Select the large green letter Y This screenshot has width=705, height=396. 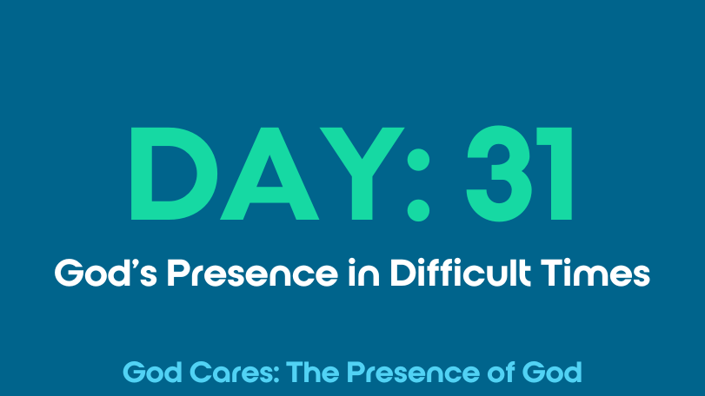click(362, 174)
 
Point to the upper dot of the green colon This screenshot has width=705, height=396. click(418, 160)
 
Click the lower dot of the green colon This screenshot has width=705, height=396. click(418, 210)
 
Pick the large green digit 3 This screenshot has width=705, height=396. click(499, 174)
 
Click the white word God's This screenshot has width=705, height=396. click(106, 273)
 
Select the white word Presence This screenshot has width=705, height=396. click(252, 273)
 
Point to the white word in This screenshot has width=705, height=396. click(363, 272)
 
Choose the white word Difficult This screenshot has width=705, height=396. click(461, 272)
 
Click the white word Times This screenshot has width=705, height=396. click(595, 273)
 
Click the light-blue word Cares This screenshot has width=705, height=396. click(234, 373)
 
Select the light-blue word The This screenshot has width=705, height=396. click(312, 373)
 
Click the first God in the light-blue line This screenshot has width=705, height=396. click(152, 373)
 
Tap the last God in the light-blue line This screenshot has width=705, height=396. click(552, 373)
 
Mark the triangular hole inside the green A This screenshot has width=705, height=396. click(269, 175)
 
